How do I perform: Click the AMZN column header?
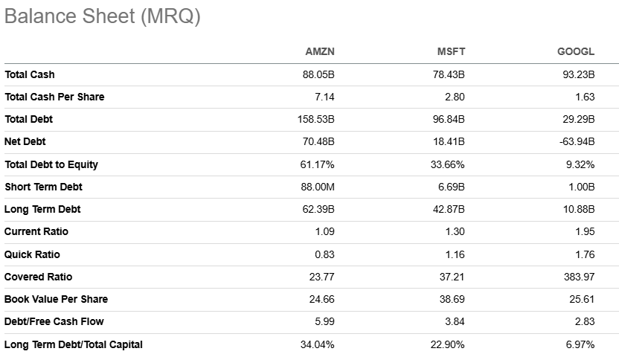coord(320,51)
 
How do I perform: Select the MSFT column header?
coord(451,51)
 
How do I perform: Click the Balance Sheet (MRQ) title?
coord(103,17)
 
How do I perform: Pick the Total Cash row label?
coord(30,74)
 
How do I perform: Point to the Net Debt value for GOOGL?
coord(577,141)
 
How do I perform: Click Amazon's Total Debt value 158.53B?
coord(315,119)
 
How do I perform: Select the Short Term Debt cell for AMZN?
coord(318,187)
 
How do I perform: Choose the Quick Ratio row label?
coord(32,254)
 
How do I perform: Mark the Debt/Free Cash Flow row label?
coord(54,321)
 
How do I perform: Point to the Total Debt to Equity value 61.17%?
coord(317,164)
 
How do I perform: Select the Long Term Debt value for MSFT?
coord(449,209)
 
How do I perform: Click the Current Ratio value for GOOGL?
coord(585,231)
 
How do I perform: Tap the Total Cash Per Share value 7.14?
coord(324,97)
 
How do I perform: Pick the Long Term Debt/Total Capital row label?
coord(74,344)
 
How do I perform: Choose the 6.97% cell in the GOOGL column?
coord(581,344)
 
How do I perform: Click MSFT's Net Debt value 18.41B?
coord(449,141)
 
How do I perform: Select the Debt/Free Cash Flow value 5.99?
coord(324,321)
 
